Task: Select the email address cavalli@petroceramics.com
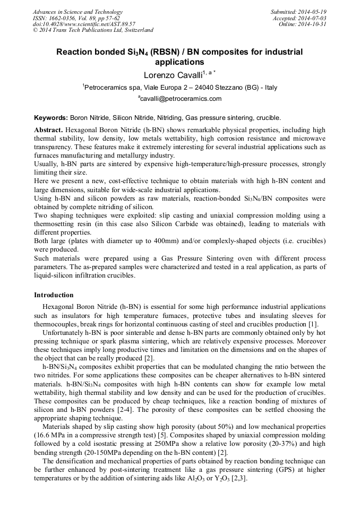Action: pyautogui.click(x=181, y=99)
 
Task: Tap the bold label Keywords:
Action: pyautogui.click(x=51, y=118)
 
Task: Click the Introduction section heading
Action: pyautogui.click(x=54, y=295)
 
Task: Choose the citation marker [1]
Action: pyautogui.click(x=313, y=324)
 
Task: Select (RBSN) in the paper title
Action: pyautogui.click(x=164, y=52)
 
